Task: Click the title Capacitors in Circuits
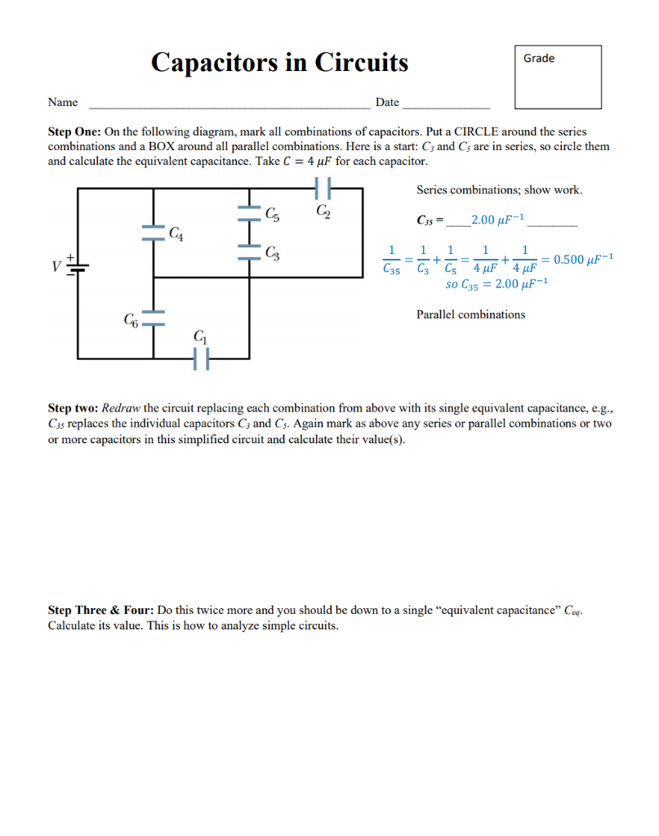[x=279, y=63]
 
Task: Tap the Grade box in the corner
[x=557, y=77]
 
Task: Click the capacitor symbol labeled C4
[x=154, y=233]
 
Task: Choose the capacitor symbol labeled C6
[x=154, y=318]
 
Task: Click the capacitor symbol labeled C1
[x=202, y=358]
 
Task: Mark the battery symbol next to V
[x=78, y=266]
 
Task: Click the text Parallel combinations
[x=470, y=314]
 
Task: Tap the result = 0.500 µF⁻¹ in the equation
[x=579, y=260]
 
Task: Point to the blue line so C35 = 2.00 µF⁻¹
[x=496, y=284]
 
